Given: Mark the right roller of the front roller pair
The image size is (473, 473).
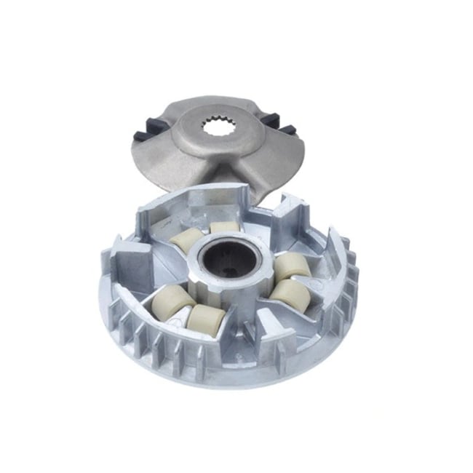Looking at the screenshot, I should [x=204, y=318].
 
